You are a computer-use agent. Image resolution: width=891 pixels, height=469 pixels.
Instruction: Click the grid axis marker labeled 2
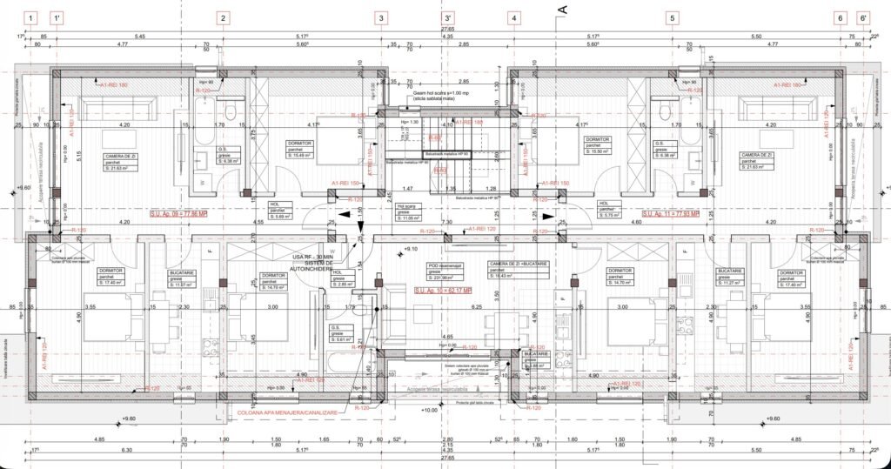[223, 17]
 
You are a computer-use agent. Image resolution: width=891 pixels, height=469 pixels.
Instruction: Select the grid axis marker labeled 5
[672, 17]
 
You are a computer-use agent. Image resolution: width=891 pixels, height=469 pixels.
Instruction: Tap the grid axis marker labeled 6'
[863, 17]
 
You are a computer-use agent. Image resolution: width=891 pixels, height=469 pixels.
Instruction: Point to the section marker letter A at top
[561, 10]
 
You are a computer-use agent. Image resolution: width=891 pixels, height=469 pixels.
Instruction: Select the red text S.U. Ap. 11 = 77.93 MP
[671, 213]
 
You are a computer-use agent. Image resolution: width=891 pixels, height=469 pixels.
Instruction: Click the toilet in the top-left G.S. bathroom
[231, 111]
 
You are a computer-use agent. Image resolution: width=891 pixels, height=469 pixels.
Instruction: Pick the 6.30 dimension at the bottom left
[128, 449]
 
